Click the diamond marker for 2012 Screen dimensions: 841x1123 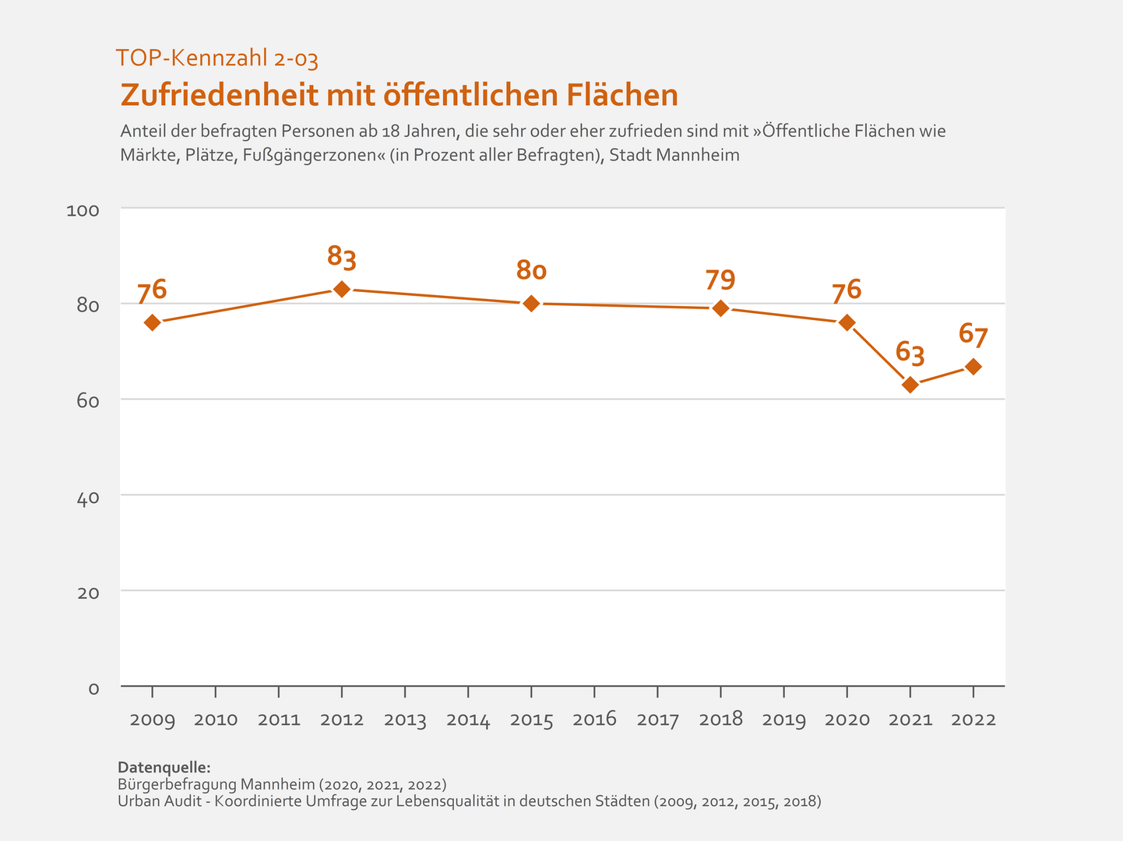click(341, 289)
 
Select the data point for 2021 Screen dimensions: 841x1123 click(910, 385)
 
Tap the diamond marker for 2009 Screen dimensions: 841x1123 click(153, 322)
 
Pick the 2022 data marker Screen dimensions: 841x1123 click(973, 366)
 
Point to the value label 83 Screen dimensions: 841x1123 click(341, 256)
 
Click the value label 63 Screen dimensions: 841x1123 click(910, 353)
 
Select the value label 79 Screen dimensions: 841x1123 click(720, 279)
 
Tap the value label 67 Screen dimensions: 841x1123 click(973, 336)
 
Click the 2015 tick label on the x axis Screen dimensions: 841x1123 click(531, 720)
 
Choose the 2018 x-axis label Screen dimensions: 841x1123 click(720, 720)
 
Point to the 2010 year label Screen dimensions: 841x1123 click(216, 720)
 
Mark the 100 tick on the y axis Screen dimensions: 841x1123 click(83, 210)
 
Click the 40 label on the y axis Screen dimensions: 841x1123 click(87, 497)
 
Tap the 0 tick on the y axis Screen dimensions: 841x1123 click(93, 688)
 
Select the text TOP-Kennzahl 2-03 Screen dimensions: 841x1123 click(217, 58)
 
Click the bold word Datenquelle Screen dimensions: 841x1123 click(164, 767)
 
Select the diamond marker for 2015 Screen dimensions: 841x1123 click(531, 303)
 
